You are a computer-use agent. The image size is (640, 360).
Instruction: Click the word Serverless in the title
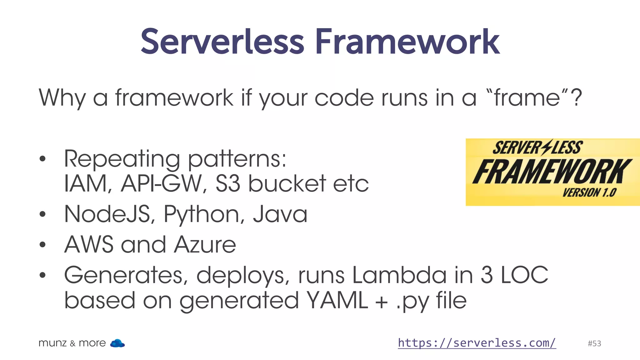pyautogui.click(x=222, y=42)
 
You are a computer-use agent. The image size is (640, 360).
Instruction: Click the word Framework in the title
pyautogui.click(x=407, y=42)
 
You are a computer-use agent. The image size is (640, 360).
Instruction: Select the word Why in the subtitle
pyautogui.click(x=62, y=98)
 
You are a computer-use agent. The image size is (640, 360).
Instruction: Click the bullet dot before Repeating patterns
pyautogui.click(x=43, y=159)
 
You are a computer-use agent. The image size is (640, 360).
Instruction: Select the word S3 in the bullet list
pyautogui.click(x=228, y=183)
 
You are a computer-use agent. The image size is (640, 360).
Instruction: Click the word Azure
pyautogui.click(x=205, y=245)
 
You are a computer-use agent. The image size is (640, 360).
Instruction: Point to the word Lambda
pyautogui.click(x=399, y=275)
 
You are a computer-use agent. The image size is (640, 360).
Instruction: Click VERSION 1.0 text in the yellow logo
pyautogui.click(x=589, y=192)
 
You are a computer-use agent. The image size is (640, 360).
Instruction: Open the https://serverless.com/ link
pyautogui.click(x=477, y=343)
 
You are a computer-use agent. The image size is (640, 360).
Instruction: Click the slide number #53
pyautogui.click(x=594, y=343)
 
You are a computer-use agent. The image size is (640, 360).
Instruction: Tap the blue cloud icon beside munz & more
pyautogui.click(x=117, y=343)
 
